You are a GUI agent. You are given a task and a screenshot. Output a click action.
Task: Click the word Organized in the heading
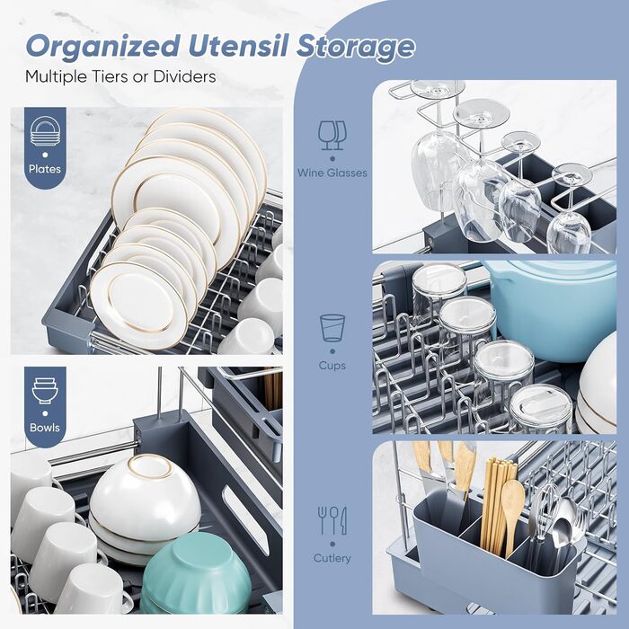(x=102, y=47)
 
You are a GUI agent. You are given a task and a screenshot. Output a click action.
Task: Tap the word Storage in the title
(x=356, y=47)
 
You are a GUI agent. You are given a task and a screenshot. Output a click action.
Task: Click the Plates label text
(x=45, y=169)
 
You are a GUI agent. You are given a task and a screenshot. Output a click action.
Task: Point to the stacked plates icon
(x=45, y=131)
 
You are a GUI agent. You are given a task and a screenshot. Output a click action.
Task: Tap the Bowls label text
(x=45, y=428)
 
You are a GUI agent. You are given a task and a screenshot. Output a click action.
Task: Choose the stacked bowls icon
(x=45, y=390)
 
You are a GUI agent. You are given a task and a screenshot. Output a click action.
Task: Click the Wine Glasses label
(x=332, y=173)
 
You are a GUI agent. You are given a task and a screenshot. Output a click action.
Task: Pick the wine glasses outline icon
(x=332, y=136)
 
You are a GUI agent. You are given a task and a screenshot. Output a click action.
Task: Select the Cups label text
(x=332, y=366)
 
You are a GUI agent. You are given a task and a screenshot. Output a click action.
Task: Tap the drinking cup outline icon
(x=332, y=328)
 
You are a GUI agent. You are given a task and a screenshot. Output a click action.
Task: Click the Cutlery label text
(x=332, y=558)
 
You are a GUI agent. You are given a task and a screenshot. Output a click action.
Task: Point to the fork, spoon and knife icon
(x=332, y=520)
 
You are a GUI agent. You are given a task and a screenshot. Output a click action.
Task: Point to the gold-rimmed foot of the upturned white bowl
(x=150, y=466)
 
